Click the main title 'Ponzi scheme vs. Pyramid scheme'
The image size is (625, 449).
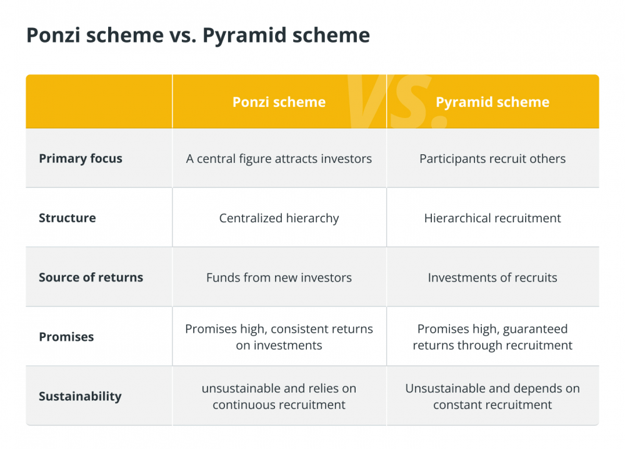coord(198,35)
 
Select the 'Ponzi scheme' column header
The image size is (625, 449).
coord(279,102)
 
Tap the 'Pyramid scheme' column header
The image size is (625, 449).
coord(492,102)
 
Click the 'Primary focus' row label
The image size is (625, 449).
coord(81,159)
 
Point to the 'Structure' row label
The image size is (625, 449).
coord(67,218)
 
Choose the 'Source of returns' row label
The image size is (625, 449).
coord(91,277)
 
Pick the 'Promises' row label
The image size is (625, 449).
coord(66,337)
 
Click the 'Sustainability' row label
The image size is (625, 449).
coord(80,397)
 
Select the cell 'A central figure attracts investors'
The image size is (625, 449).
coord(279,159)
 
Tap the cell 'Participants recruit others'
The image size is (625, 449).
coord(492,159)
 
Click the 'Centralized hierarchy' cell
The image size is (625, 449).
coord(279,219)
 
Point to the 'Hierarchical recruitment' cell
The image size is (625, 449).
coord(492,218)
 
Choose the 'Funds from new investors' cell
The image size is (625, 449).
coord(279,277)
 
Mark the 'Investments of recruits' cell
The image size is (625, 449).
coord(492,277)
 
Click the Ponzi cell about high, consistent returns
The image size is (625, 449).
coord(279,337)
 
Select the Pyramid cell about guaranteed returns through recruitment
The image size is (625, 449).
coord(492,337)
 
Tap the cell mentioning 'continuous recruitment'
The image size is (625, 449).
coord(279,397)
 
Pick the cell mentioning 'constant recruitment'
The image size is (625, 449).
coord(492,397)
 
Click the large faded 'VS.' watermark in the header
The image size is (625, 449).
coord(394,101)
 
